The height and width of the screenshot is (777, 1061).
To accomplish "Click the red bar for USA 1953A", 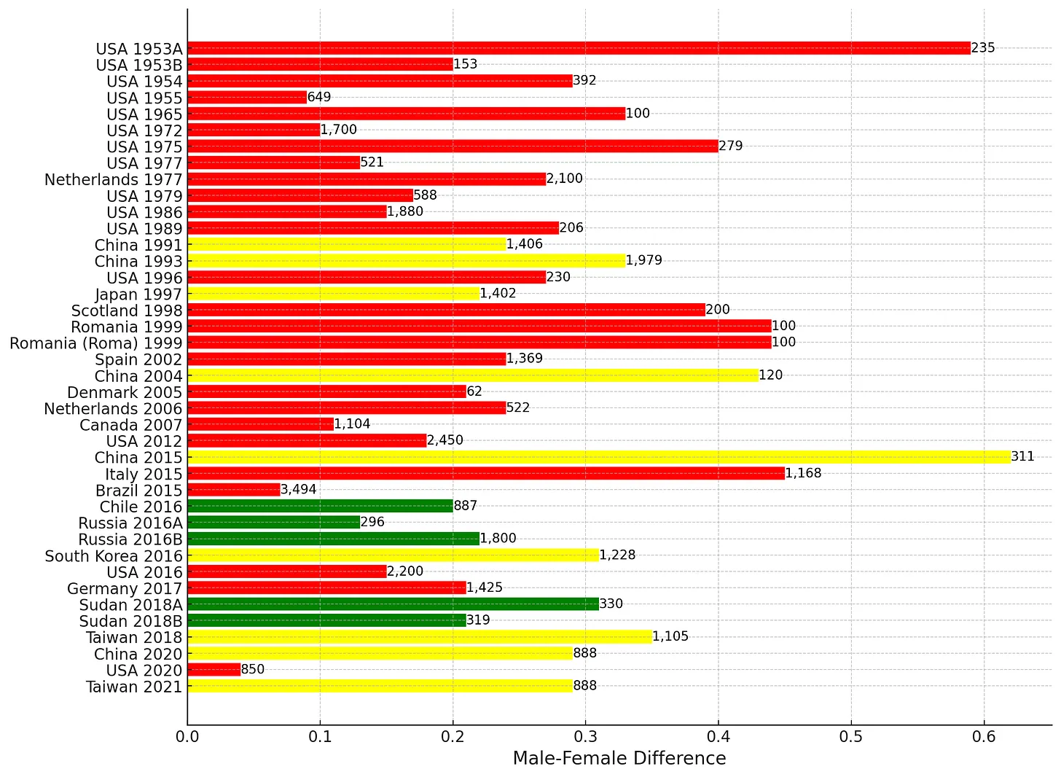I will pos(579,48).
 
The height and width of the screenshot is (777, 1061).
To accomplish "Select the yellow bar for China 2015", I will pos(599,457).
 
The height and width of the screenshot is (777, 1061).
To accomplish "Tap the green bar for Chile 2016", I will pos(321,506).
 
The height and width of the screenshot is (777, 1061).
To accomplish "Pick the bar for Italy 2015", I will pos(486,473).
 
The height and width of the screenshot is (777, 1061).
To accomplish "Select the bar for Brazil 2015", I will pos(234,490).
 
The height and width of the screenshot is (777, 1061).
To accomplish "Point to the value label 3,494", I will pos(299,490).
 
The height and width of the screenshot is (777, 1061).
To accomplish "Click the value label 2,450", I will pos(445,440).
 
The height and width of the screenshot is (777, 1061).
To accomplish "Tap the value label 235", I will pos(983,48).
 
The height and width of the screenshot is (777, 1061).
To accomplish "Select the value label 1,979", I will pos(644,261).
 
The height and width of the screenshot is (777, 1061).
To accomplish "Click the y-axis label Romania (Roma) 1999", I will pos(96,343).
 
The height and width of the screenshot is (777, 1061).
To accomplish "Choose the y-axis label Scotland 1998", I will pos(127,311).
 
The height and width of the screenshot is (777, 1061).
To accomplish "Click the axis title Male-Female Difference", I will pos(619,759).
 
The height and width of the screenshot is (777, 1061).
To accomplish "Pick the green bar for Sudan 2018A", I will pos(394,604).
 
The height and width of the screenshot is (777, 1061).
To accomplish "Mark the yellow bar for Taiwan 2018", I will pos(420,636).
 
